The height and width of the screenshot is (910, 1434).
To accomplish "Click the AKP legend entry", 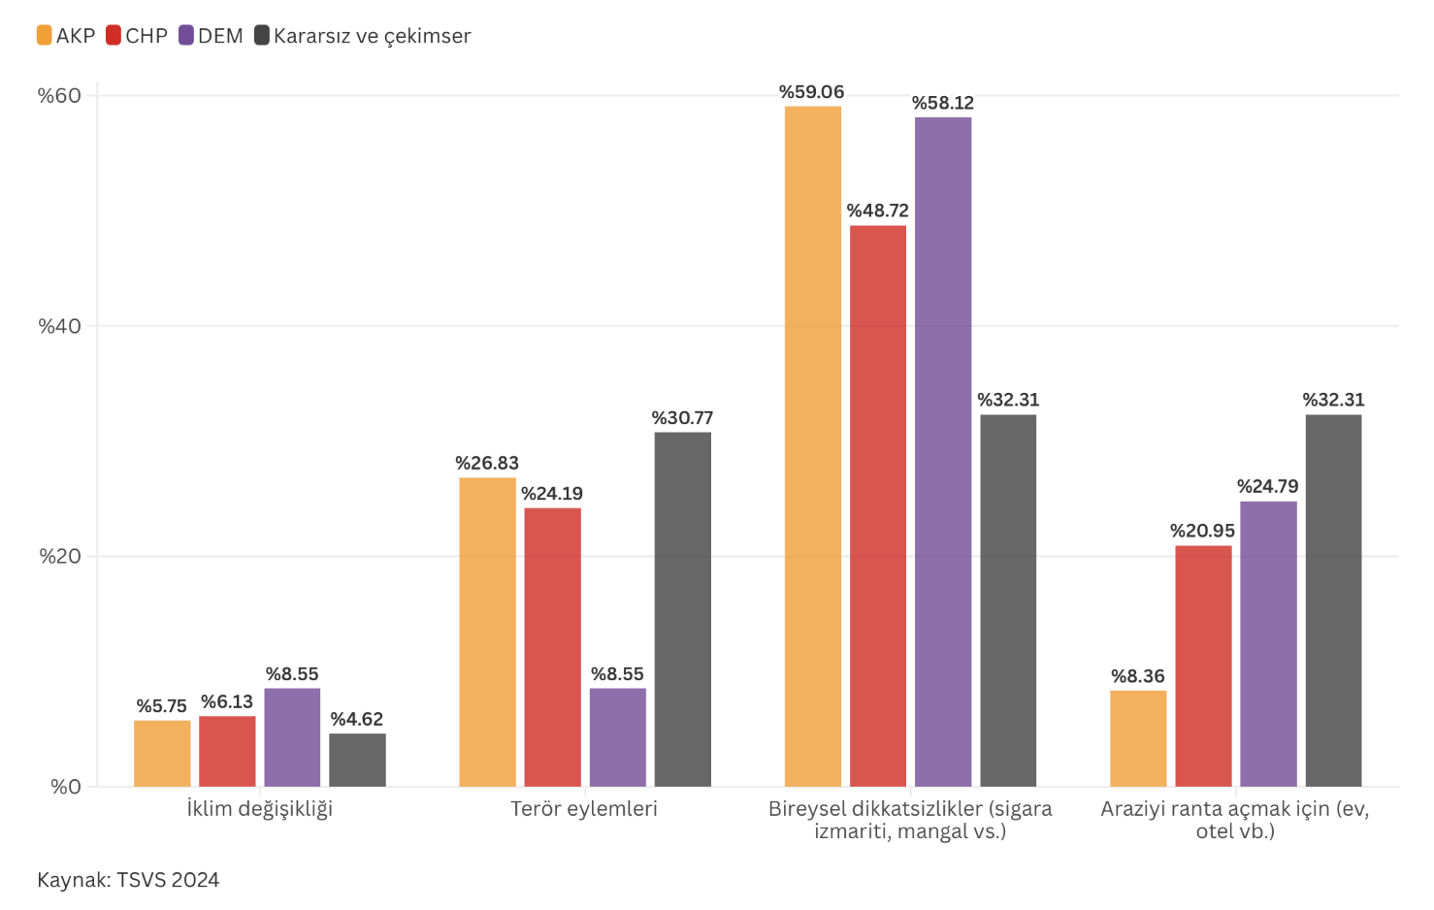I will click(66, 36).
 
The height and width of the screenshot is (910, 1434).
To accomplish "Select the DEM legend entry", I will click(211, 36).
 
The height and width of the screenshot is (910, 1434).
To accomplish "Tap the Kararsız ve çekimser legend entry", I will click(362, 36).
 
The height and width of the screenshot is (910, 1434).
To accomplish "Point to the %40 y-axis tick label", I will click(59, 326).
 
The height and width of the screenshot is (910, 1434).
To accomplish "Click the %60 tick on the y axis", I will click(59, 95).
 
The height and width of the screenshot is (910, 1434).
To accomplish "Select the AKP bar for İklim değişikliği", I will click(162, 754).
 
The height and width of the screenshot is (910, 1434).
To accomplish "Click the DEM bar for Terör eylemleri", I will click(618, 737).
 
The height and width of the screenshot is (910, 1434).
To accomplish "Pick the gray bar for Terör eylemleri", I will click(683, 609).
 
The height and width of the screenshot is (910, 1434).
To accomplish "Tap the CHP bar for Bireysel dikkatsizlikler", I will click(878, 505).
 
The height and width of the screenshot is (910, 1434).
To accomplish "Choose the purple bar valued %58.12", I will click(943, 451).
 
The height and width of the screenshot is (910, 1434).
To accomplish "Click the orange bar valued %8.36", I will click(1138, 738).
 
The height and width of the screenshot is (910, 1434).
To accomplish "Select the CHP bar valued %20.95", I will click(1203, 666).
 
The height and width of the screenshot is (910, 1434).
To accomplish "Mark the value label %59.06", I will click(812, 92).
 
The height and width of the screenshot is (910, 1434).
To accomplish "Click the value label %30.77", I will click(682, 418).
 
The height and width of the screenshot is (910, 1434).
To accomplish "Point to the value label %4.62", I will click(357, 719).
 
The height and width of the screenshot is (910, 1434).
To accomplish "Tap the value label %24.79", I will click(1268, 486).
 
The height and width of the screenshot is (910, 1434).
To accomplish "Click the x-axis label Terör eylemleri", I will click(584, 809).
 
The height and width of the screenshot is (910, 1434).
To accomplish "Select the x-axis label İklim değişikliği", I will click(260, 809).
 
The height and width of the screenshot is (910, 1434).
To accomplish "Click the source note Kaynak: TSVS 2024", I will click(128, 880).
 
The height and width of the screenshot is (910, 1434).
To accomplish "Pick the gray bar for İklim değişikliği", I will click(357, 760).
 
